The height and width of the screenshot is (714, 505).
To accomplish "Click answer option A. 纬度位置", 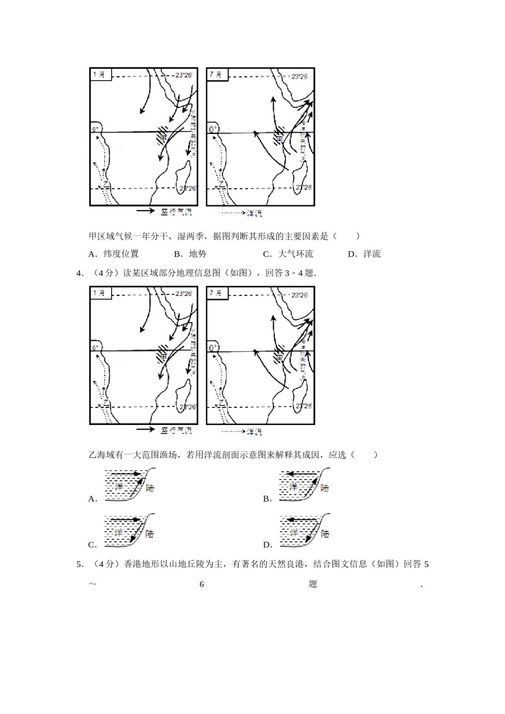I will coord(114,254).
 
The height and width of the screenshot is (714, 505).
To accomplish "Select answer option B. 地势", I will coord(190,254).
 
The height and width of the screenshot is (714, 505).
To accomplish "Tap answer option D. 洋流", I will coord(365,254).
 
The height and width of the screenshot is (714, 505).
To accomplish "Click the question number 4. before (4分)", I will coord(80,273).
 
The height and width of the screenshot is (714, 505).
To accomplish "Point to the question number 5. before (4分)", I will coord(80,564).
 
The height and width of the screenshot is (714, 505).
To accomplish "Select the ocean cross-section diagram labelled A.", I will coord(129,484).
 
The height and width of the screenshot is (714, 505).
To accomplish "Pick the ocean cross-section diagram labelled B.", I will coord(305,484).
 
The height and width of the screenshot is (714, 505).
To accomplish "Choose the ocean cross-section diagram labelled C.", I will coord(129,530).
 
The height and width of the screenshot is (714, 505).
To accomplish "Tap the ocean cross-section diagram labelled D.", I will coord(305,530).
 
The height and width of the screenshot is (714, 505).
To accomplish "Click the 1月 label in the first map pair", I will coord(99,74).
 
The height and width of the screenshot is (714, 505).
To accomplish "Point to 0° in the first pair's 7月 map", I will coord(213,129).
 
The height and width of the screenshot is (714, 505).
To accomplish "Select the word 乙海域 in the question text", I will coord(102,455).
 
